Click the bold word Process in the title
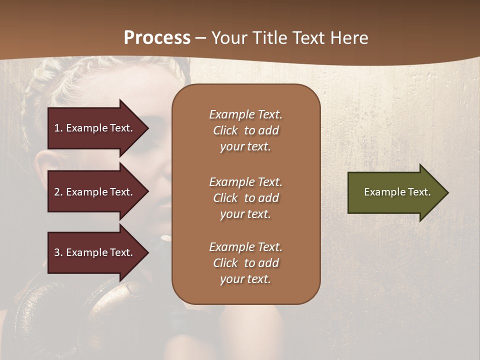tap(157, 38)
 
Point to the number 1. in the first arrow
tap(58, 128)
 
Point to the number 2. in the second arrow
tap(58, 192)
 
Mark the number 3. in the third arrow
tap(58, 252)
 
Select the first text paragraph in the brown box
tap(245, 130)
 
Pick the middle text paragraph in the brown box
tap(245, 198)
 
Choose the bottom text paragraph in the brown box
tap(245, 263)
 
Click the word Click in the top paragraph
tap(225, 130)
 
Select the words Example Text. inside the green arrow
tap(397, 192)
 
